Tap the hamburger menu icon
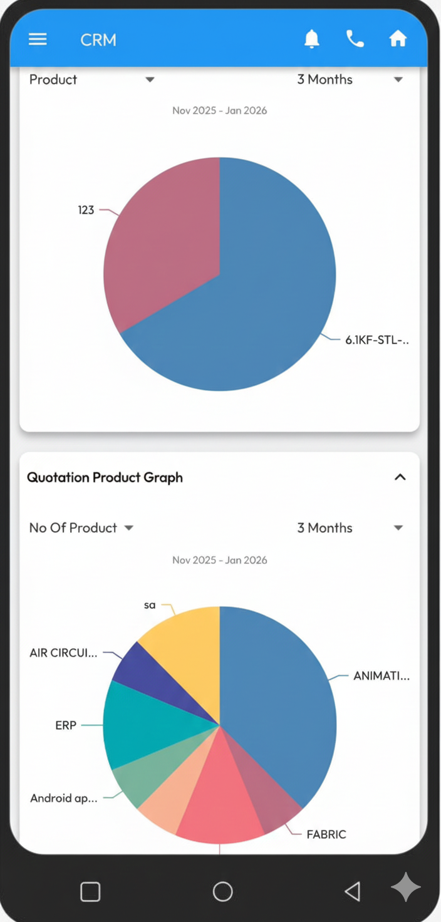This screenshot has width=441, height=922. coord(38,39)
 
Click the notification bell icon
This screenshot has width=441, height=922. coord(311,39)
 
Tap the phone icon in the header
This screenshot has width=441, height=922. coord(355,39)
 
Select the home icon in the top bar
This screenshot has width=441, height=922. coord(398,39)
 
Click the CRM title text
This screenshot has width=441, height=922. coord(98,40)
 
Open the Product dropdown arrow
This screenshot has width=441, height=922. coord(150,80)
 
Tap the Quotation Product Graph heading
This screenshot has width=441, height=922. coord(105,477)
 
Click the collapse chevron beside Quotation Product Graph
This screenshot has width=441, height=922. coord(400,477)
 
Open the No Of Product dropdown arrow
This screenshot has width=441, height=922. coord(129,528)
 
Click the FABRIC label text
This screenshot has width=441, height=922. coord(326,834)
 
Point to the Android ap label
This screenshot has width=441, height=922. coord(64,799)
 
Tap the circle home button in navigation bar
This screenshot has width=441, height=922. coord(222,891)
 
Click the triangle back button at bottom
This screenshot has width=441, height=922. coord(353,891)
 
